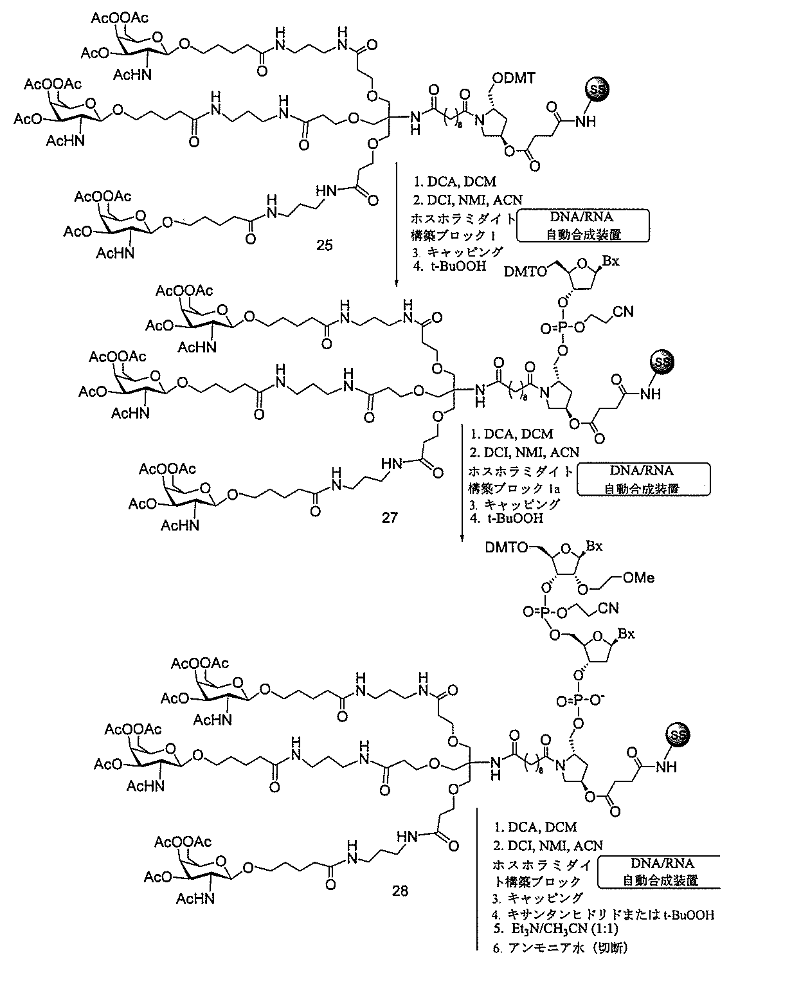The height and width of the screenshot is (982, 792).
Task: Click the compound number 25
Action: click(x=325, y=245)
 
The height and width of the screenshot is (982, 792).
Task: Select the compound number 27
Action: click(x=390, y=516)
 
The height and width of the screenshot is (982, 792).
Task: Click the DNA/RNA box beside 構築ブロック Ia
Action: click(x=643, y=479)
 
